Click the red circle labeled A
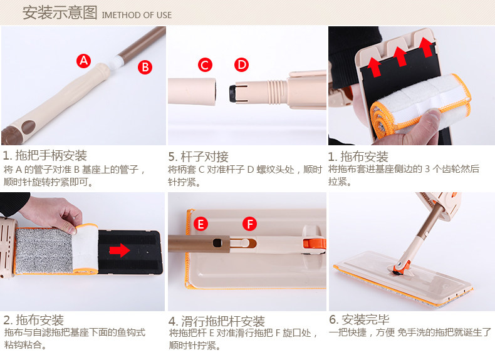coord(84,61)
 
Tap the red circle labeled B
coord(145,67)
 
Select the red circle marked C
coord(205,65)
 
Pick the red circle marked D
coord(241,64)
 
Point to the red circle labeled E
coord(201,224)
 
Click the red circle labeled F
coord(250,224)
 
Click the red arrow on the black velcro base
coord(120,250)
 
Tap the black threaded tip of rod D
coord(233,93)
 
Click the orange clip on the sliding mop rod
coord(314,244)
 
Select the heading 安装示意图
coord(60,13)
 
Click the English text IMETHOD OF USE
coord(137,15)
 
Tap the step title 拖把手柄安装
coord(51,156)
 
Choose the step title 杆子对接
coord(204,157)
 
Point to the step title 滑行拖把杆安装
coord(223,321)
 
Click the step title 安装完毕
coord(365,319)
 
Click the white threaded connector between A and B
coord(116,62)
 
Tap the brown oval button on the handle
coord(28,127)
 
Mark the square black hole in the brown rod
coord(217,243)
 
